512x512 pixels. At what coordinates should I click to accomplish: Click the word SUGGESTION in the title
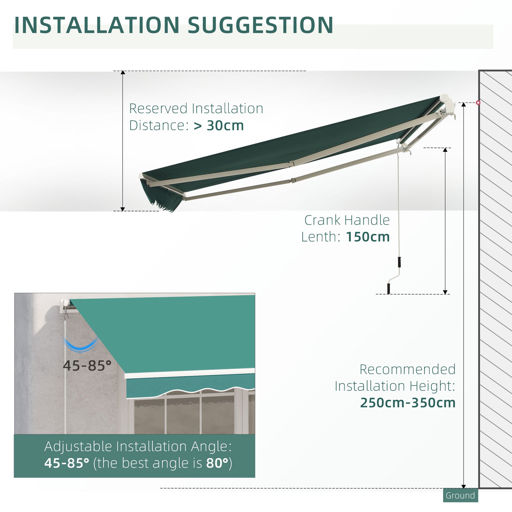(260, 25)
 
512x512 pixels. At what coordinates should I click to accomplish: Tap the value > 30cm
(219, 126)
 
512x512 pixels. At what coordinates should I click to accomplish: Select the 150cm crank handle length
(368, 237)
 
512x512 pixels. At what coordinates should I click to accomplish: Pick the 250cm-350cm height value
(408, 403)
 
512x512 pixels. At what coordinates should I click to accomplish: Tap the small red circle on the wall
(478, 103)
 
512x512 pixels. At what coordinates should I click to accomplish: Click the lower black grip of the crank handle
(389, 289)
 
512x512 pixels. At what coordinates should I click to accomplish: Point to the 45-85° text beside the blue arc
(87, 366)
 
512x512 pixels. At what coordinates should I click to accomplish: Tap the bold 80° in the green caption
(217, 463)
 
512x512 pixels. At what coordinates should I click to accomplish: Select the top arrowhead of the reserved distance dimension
(123, 73)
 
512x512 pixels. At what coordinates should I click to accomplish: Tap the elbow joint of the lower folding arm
(293, 180)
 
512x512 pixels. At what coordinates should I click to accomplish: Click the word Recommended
(407, 369)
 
